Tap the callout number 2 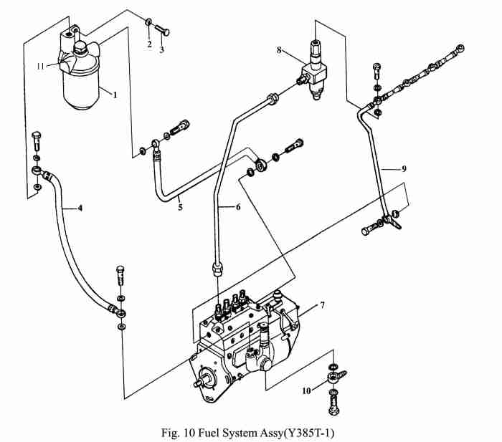coord(149,44)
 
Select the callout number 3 coord(162,50)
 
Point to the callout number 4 coord(80,208)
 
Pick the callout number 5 coord(181,207)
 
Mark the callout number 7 coord(322,305)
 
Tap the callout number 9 coord(404,169)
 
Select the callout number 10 coord(307,390)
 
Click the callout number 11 coord(42,66)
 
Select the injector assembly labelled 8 coord(316,68)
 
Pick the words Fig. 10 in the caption coord(179,433)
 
